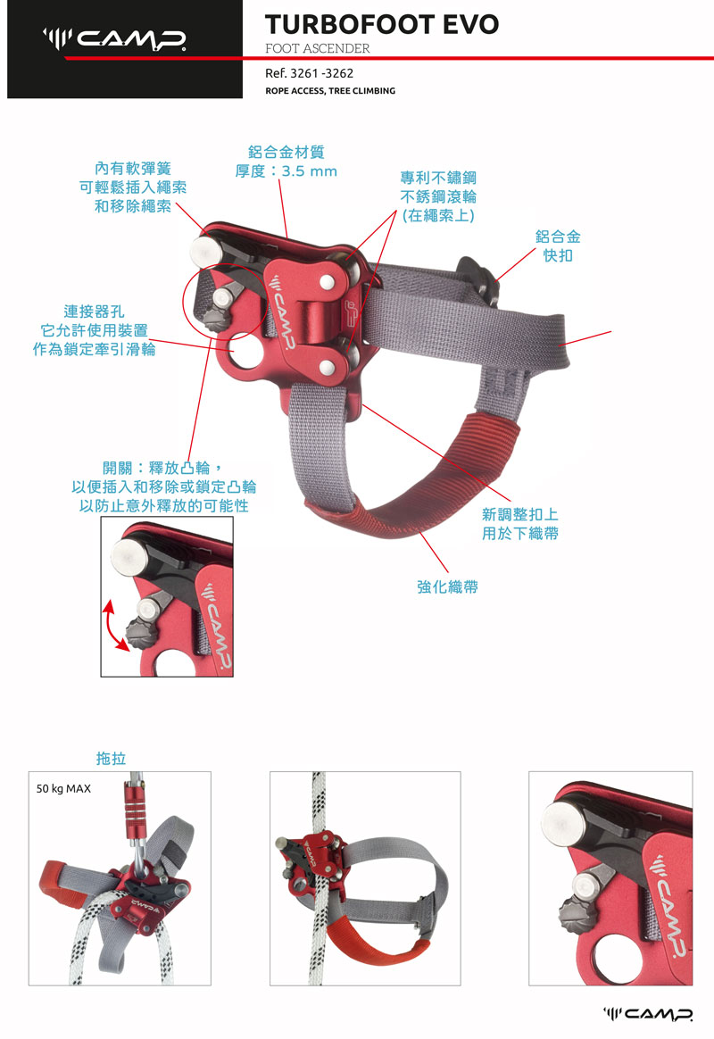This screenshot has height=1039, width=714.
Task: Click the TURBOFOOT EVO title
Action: coord(381,24)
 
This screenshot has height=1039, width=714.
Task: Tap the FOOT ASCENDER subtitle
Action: coord(317,48)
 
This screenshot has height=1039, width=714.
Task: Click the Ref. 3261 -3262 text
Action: coord(310,73)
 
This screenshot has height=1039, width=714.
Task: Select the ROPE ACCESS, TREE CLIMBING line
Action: coord(330,91)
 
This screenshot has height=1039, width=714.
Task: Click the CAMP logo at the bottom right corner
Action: coord(648,1015)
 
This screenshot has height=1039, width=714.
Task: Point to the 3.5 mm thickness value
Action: coord(310,171)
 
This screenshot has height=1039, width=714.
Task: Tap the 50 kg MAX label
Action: coord(63,788)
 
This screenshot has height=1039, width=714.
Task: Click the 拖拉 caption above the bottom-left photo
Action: coord(111,758)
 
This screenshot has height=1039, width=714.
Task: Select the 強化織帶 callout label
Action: coord(447,586)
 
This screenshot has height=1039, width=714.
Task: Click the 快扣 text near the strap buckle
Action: coord(558,256)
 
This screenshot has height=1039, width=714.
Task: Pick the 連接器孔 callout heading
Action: coord(94,312)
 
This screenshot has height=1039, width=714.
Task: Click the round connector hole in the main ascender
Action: coord(246,351)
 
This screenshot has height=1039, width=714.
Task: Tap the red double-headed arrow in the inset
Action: coord(112,627)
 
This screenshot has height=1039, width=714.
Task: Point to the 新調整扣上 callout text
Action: coord(520,514)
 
